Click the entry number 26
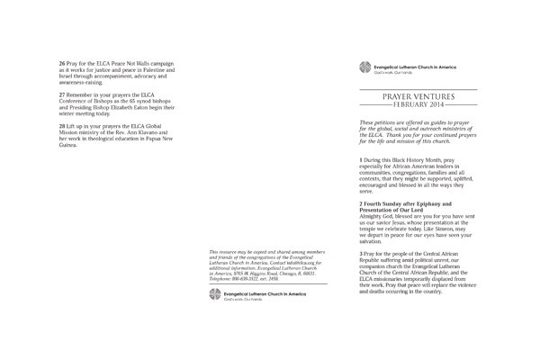point(63,63)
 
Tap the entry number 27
point(63,94)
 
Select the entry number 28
point(63,125)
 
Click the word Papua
point(166,138)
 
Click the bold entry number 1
point(361,159)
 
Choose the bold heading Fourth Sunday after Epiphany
point(401,206)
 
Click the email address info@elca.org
point(291,244)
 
